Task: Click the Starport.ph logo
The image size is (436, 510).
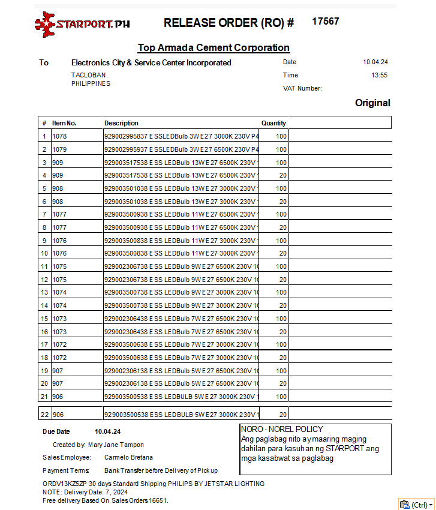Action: (x=82, y=25)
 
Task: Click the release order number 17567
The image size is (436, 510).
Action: (x=326, y=22)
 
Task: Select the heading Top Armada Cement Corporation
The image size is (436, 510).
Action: (x=214, y=48)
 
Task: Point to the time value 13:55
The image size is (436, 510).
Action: (x=379, y=76)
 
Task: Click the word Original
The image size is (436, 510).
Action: (x=372, y=103)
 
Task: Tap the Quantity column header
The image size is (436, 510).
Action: (x=273, y=123)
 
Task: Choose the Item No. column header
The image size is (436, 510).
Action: (x=64, y=123)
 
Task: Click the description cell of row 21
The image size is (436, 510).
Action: (x=181, y=397)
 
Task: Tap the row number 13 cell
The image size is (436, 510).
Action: (x=44, y=293)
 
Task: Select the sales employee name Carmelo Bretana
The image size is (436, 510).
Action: (x=128, y=458)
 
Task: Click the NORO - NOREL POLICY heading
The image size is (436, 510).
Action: (x=282, y=430)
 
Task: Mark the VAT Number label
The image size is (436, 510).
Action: (x=302, y=89)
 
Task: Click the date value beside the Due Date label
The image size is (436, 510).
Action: (x=108, y=432)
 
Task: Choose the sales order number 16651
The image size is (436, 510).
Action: (x=158, y=500)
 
